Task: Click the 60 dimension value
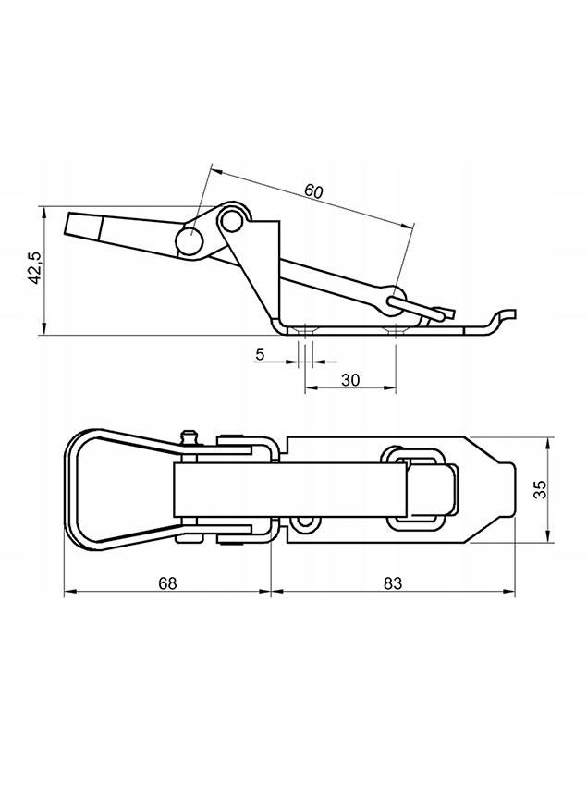tap(313, 191)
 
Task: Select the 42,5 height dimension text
tap(34, 268)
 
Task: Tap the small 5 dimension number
tap(260, 354)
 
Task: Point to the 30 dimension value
tap(350, 379)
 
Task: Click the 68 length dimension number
tap(167, 583)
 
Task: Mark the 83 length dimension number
tap(393, 583)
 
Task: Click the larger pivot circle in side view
tap(190, 241)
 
